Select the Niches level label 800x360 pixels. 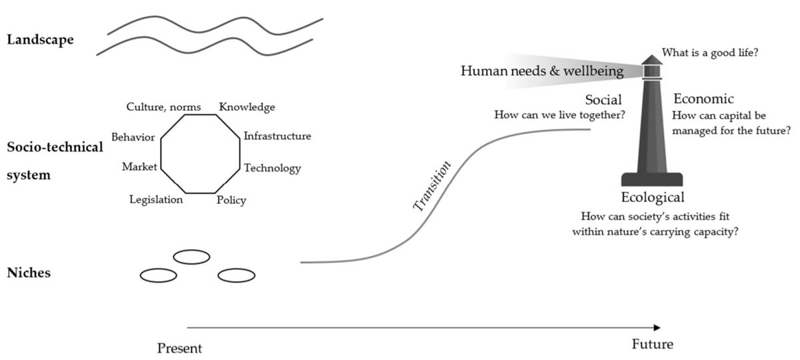(x=28, y=273)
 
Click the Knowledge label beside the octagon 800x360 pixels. (x=247, y=107)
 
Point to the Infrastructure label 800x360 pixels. (x=277, y=137)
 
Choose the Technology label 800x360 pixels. (x=272, y=168)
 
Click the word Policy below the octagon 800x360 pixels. (x=231, y=200)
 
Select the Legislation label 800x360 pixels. (x=156, y=199)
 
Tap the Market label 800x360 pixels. (x=139, y=167)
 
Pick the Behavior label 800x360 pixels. (x=133, y=137)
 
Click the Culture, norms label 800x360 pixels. (x=163, y=107)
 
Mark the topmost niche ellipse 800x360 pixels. (x=191, y=257)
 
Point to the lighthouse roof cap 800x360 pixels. (x=651, y=59)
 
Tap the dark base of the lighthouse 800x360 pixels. (x=652, y=179)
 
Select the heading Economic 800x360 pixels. (x=703, y=99)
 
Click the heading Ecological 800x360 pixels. (x=652, y=197)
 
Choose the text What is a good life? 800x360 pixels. (x=709, y=53)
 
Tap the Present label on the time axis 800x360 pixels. (x=179, y=348)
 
